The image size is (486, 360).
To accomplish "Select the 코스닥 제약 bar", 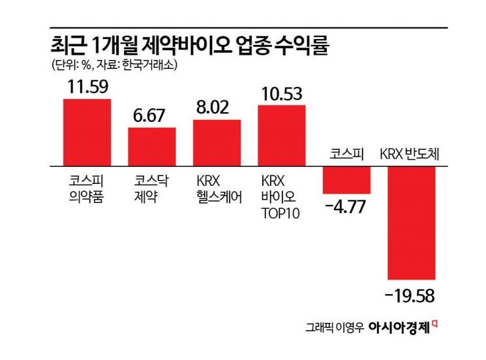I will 151,147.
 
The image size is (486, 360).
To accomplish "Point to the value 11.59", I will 87,86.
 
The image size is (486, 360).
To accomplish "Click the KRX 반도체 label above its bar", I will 410,155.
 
